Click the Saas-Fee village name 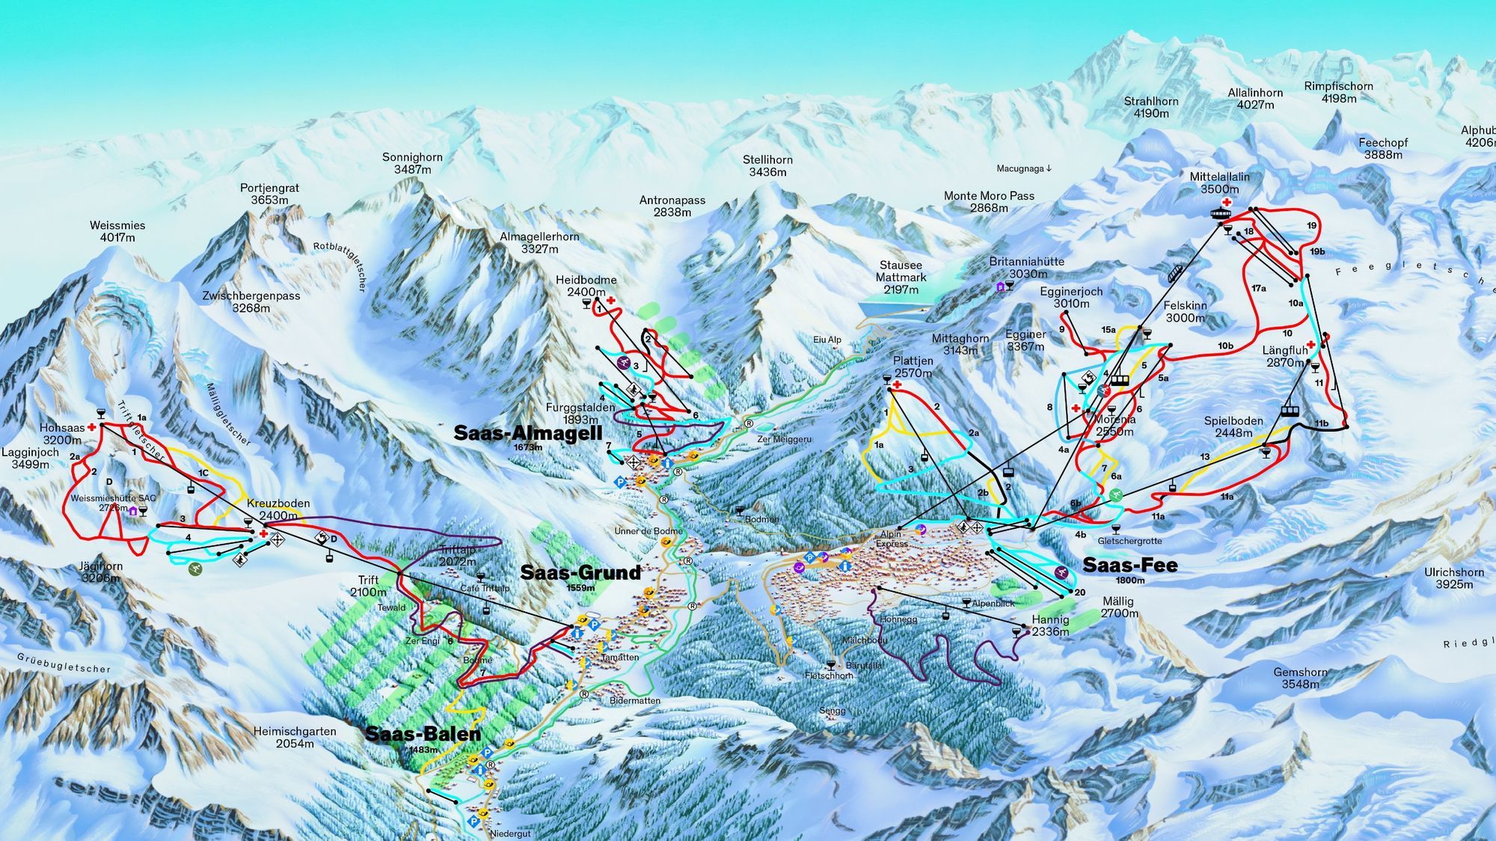pyautogui.click(x=1129, y=566)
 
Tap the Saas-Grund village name pyautogui.click(x=580, y=573)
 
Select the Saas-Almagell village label pyautogui.click(x=527, y=433)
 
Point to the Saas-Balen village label pyautogui.click(x=423, y=734)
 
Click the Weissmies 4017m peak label pyautogui.click(x=117, y=231)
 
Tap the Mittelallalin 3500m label pyautogui.click(x=1219, y=183)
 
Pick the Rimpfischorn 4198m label pyautogui.click(x=1338, y=92)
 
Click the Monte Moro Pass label pyautogui.click(x=989, y=201)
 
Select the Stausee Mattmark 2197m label pyautogui.click(x=901, y=277)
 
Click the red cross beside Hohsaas pyautogui.click(x=92, y=427)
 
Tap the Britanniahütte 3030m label pyautogui.click(x=1026, y=267)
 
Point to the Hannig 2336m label pyautogui.click(x=1050, y=626)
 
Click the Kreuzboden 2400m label pyautogui.click(x=278, y=510)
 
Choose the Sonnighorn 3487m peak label pyautogui.click(x=412, y=163)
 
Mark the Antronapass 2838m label pyautogui.click(x=672, y=206)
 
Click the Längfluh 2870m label pyautogui.click(x=1284, y=356)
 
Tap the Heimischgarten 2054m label pyautogui.click(x=295, y=737)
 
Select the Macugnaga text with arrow pyautogui.click(x=1024, y=169)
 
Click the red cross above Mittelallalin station pyautogui.click(x=1227, y=202)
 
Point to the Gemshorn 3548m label pyautogui.click(x=1300, y=678)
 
